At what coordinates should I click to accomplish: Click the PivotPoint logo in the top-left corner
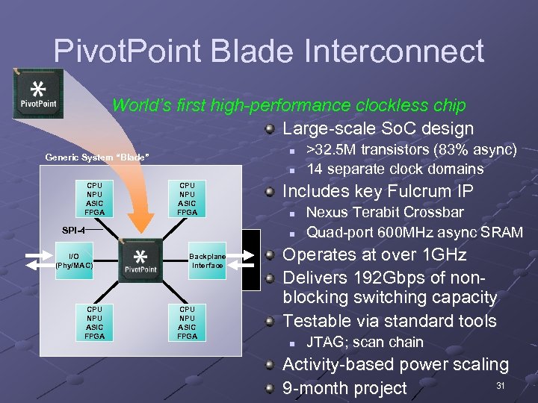[38, 93]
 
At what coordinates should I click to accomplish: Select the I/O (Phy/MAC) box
[74, 260]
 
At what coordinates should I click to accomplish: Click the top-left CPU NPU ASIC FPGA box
[95, 199]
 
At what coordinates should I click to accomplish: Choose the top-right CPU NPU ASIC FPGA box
[187, 199]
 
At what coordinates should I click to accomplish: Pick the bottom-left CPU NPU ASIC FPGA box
[95, 322]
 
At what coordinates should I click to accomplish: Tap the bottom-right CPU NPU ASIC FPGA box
[187, 322]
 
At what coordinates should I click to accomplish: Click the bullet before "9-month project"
[270, 389]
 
